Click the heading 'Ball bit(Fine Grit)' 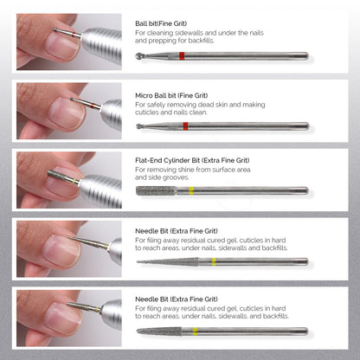(x=165, y=24)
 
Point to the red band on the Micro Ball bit (x=186, y=125)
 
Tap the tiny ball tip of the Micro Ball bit (x=139, y=126)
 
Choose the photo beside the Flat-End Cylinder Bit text (x=69, y=180)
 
